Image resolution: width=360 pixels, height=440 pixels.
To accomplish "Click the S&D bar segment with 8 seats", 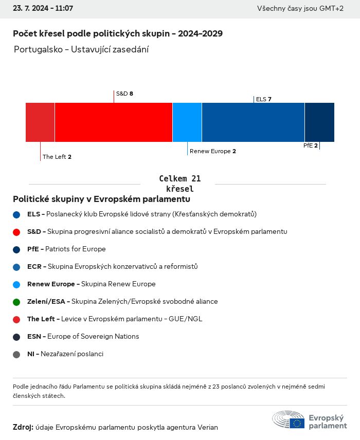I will coord(113,122).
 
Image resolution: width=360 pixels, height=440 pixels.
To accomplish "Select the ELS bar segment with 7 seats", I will coord(253,122).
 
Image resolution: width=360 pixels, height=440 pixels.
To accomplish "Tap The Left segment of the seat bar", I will coord(40,122).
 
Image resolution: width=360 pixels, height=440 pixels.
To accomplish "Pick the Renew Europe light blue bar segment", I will coord(187,122).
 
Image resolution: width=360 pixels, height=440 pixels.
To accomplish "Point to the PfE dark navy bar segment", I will coord(319,122).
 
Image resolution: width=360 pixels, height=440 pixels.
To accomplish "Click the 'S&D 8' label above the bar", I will coord(124,94).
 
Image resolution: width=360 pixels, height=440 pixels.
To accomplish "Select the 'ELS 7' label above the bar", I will coord(263,99).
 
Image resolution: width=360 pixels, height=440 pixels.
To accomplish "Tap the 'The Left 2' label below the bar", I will coord(57,157).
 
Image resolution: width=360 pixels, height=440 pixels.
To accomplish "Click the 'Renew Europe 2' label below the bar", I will coord(212,151).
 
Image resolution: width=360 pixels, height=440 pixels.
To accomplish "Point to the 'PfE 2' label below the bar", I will coord(310,145).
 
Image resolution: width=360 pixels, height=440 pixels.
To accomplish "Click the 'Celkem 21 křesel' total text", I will coord(179,184).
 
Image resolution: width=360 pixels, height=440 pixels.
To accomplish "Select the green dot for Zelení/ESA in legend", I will coord(16,302).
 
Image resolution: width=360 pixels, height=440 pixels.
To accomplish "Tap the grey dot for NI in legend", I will coord(16,354).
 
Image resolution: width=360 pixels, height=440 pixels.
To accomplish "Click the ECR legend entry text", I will coord(112,267).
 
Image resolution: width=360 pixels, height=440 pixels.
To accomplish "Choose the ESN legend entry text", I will coord(83,337).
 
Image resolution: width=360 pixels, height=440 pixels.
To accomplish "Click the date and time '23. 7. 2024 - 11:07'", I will coord(43,9).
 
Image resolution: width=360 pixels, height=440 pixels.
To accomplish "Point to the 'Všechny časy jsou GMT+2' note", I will coord(300,9).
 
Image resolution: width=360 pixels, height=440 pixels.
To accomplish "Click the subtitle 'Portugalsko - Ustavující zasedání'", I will coord(81,50).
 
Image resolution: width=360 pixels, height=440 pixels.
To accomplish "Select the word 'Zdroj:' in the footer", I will coord(23,427).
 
